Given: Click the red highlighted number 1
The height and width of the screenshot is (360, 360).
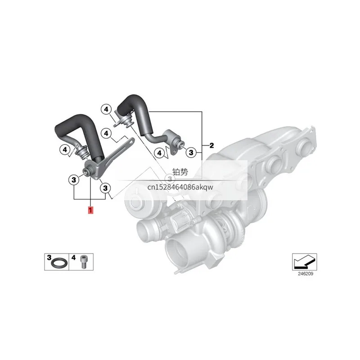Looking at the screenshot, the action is [90, 210].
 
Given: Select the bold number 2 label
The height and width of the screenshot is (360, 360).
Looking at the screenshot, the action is [211, 145].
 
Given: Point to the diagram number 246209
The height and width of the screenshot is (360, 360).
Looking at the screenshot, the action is [306, 274].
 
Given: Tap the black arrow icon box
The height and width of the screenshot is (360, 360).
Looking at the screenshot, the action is [305, 262].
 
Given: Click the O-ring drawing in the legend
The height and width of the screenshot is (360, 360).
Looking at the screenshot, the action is [59, 263].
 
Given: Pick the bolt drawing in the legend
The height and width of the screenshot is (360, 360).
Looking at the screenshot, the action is [83, 262].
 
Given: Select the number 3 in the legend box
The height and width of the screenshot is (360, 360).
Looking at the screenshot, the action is [49, 257].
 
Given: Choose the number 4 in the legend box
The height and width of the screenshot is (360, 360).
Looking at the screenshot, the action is [73, 257].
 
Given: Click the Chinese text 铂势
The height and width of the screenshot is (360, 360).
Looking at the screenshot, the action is [180, 172].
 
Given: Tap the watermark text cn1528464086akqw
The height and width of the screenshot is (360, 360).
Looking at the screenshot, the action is [180, 187].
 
